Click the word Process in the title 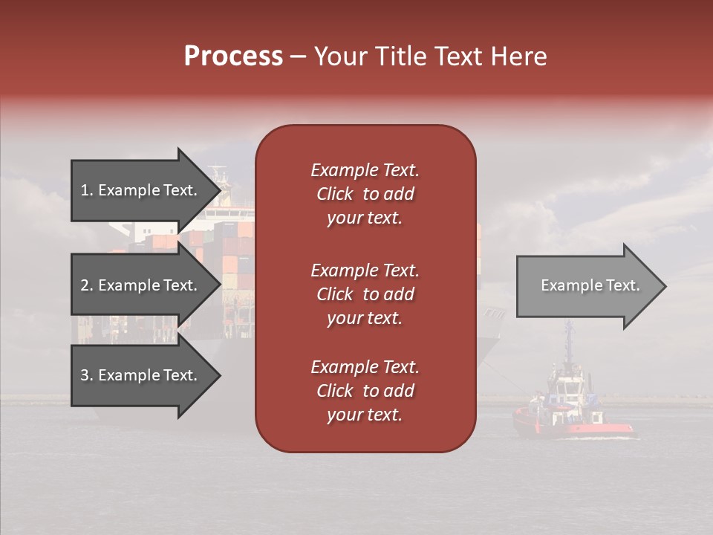(x=233, y=56)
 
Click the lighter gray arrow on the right (x=587, y=286)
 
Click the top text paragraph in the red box (x=365, y=194)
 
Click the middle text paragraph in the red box (x=365, y=294)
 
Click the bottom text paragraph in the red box (x=365, y=391)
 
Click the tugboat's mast (x=568, y=342)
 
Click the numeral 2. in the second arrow (x=87, y=285)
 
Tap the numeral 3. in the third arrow (x=87, y=375)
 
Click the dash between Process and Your (x=298, y=57)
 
